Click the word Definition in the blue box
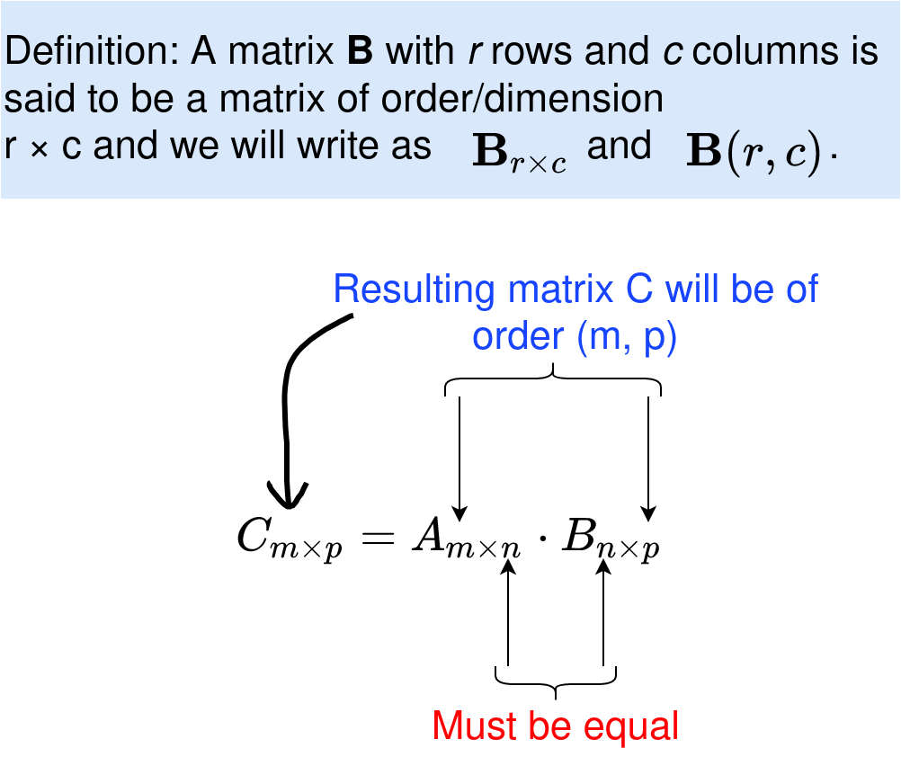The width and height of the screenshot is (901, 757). (90, 53)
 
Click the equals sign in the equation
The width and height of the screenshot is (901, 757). (377, 538)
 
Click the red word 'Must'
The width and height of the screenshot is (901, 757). (474, 726)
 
